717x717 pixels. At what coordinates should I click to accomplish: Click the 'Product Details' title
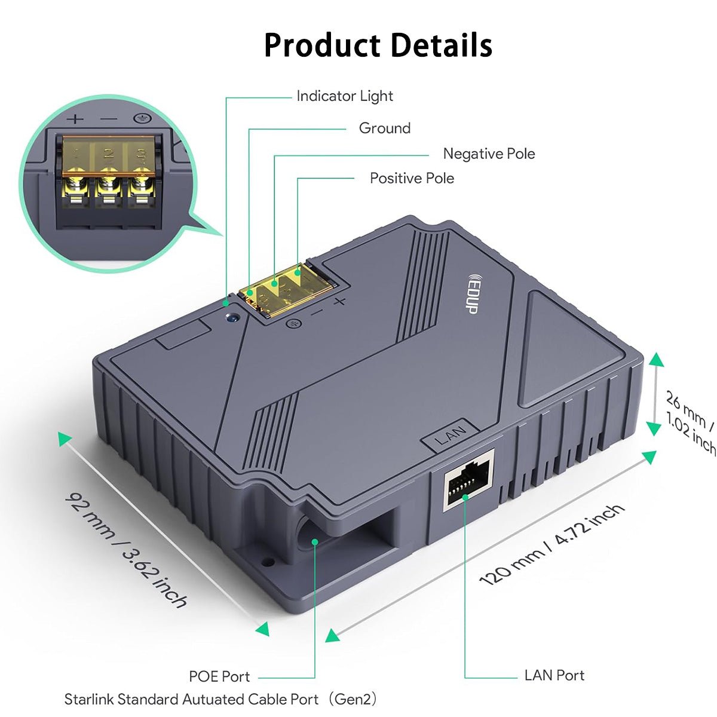[378, 45]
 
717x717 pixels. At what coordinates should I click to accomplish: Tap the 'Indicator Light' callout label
[345, 96]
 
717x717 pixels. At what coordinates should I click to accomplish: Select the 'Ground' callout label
[384, 128]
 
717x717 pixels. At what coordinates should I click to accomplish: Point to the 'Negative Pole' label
[489, 154]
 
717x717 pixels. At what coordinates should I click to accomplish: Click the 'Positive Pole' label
[412, 178]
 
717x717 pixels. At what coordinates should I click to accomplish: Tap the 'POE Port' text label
[219, 676]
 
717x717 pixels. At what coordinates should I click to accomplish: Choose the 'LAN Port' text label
[554, 675]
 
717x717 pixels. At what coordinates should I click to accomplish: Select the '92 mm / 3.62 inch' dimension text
[126, 549]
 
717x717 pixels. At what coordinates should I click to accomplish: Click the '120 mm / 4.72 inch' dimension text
[552, 544]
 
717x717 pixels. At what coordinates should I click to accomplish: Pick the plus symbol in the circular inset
[75, 119]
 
